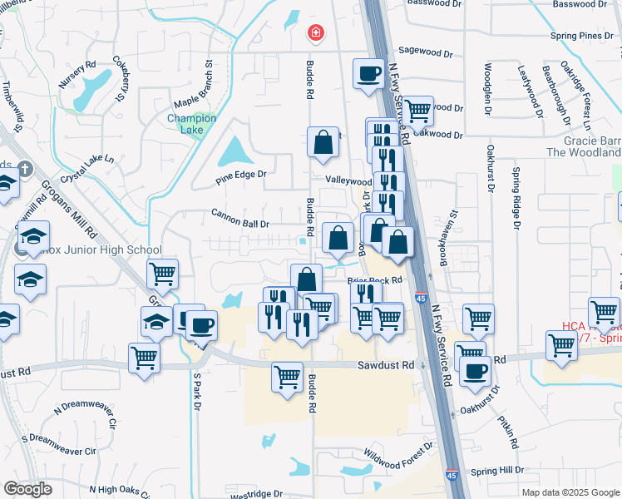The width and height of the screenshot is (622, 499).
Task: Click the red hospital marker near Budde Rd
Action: click(316, 34)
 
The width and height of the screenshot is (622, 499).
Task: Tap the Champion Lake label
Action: click(191, 123)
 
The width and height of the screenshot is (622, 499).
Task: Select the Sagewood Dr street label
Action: click(425, 51)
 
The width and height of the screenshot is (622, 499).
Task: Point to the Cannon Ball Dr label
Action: click(240, 223)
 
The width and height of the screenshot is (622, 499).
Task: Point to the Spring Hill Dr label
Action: click(496, 470)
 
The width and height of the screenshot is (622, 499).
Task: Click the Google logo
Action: click(28, 488)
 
